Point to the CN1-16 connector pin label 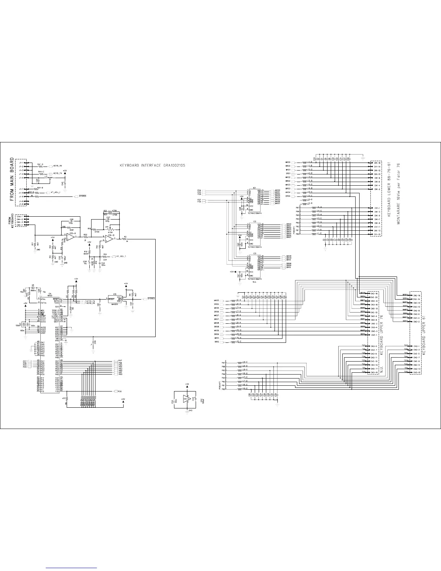pyautogui.click(x=378, y=163)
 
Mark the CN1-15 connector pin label pyautogui.click(x=378, y=234)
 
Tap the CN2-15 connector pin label pyautogui.click(x=417, y=372)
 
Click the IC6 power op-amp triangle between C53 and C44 pyautogui.click(x=187, y=399)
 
